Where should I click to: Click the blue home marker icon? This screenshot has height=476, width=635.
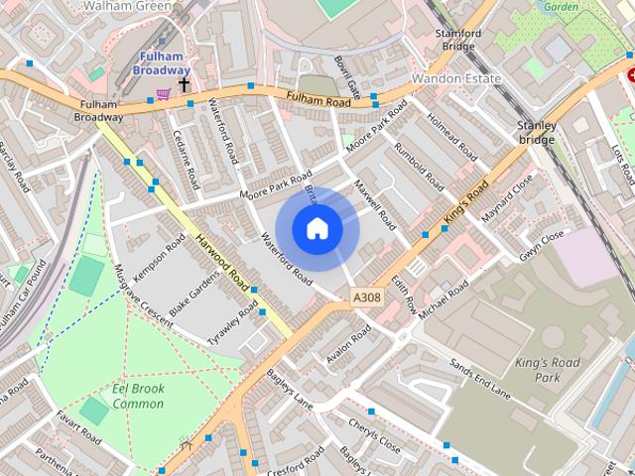[317, 228]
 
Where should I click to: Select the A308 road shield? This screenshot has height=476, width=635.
[366, 297]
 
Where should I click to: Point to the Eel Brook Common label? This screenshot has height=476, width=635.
[138, 397]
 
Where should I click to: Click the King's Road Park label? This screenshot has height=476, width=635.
[547, 370]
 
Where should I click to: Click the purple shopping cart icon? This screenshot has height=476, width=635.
[162, 94]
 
